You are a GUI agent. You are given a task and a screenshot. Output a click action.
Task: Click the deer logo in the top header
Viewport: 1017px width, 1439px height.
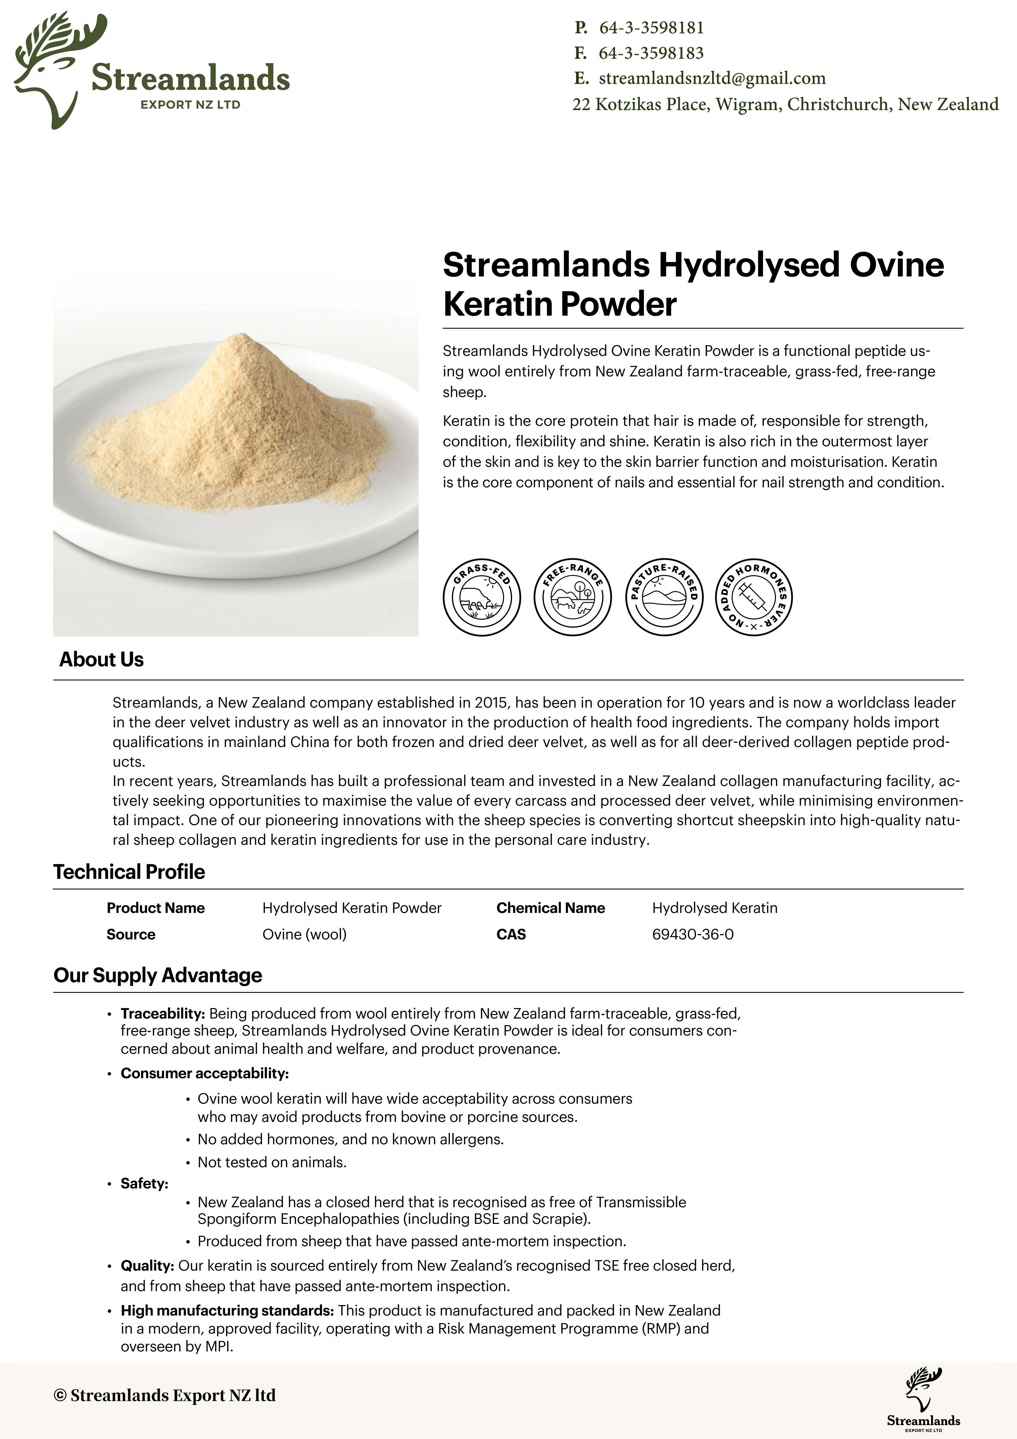click(x=59, y=69)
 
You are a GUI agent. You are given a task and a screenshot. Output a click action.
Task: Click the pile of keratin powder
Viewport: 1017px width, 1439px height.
click(x=238, y=426)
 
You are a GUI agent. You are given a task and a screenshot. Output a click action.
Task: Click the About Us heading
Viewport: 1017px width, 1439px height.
click(x=101, y=659)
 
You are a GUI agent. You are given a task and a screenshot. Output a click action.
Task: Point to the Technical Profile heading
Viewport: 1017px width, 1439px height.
click(x=129, y=872)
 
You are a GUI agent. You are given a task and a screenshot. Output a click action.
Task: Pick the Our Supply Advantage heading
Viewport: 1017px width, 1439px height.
click(x=158, y=975)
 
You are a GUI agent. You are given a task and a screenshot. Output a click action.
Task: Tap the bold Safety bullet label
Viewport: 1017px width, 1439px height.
click(x=144, y=1183)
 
